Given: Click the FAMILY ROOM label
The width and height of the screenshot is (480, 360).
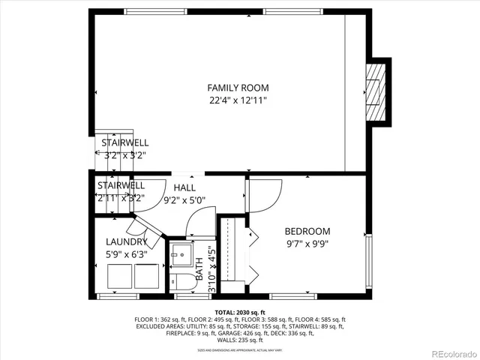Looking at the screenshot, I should (x=238, y=88).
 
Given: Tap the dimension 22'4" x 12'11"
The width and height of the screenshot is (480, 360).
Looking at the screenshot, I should (x=238, y=100).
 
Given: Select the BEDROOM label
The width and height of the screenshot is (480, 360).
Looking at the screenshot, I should (x=307, y=232).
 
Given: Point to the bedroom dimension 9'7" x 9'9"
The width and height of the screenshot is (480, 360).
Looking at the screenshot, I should (x=307, y=244).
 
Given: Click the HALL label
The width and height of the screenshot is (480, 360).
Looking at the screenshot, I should (x=184, y=187).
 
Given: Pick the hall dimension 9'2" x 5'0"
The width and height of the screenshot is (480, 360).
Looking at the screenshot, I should (x=184, y=200).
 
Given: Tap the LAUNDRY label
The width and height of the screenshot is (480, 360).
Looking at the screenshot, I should (x=125, y=241).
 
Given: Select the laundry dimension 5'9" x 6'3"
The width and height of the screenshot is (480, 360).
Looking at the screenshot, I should (x=125, y=254).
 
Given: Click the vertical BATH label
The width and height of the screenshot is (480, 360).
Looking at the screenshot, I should (x=200, y=270).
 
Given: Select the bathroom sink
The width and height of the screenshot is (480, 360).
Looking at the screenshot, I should (x=181, y=256).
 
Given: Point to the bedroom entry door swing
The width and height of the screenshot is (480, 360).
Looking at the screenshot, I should (x=264, y=195).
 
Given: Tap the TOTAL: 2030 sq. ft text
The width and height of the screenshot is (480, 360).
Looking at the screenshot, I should (x=239, y=312).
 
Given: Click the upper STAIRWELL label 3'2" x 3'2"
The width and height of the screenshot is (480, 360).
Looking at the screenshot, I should (x=124, y=142).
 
